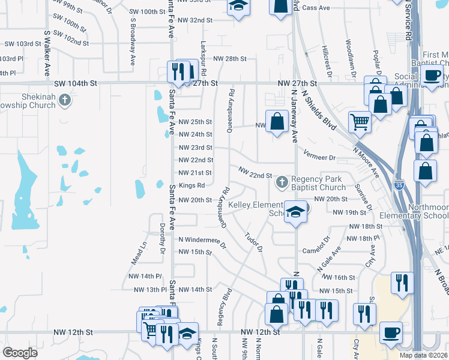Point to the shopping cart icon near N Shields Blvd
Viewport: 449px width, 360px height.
click(x=360, y=122)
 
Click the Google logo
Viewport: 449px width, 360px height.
click(x=20, y=353)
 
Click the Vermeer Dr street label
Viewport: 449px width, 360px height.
click(x=319, y=157)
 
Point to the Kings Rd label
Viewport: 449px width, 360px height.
click(x=191, y=185)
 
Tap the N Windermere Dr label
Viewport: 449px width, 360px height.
click(x=202, y=241)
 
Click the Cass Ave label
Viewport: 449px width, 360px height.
click(x=316, y=8)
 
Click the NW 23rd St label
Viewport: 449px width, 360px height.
click(x=196, y=148)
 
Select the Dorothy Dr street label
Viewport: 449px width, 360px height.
click(x=162, y=235)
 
